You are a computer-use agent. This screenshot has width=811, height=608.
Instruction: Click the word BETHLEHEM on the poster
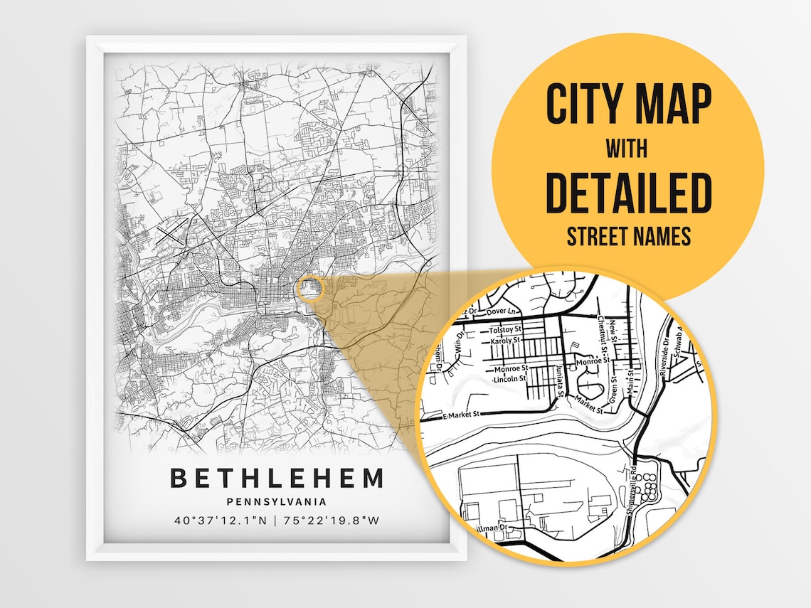pos(277,479)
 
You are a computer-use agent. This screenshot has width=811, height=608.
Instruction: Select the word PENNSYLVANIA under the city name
pos(277,502)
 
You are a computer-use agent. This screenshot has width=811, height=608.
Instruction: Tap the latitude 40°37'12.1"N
pos(221,521)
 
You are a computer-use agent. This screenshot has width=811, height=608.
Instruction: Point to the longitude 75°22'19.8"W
pos(332,521)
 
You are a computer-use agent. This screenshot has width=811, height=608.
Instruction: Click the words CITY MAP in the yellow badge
pos(628,105)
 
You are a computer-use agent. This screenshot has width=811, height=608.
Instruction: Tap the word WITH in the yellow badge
pos(627,149)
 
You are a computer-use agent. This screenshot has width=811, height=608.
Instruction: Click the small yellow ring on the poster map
pos(311,289)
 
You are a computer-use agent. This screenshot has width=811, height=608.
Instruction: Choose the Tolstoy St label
pos(506,331)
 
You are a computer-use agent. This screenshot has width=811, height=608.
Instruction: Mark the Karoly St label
pos(507,341)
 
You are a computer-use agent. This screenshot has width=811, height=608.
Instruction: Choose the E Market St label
pos(462,414)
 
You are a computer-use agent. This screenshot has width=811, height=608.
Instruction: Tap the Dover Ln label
pos(511,311)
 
